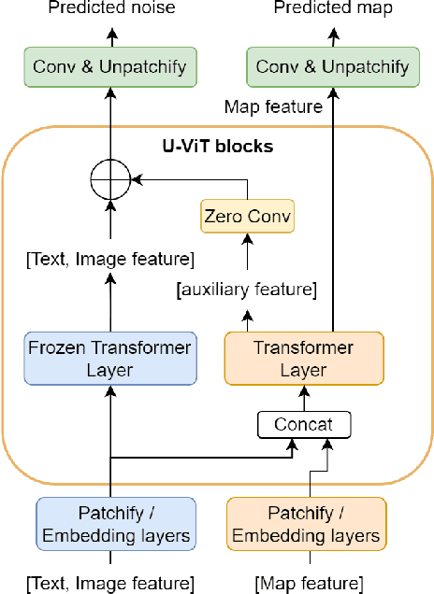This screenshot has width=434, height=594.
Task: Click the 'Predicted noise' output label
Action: click(110, 8)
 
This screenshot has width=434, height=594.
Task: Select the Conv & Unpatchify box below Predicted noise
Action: click(110, 66)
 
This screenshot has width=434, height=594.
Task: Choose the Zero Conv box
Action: click(247, 217)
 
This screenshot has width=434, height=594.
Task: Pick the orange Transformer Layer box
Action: click(304, 358)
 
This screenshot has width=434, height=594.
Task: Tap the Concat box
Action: click(304, 425)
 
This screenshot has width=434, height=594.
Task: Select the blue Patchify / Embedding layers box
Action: click(116, 523)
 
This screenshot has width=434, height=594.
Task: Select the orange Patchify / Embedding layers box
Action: click(307, 523)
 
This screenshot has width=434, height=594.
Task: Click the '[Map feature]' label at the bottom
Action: click(308, 584)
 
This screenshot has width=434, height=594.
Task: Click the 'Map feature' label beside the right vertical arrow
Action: click(273, 107)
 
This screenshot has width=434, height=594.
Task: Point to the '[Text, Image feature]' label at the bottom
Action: click(110, 584)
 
